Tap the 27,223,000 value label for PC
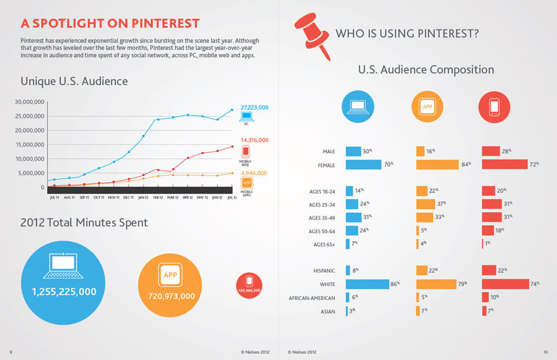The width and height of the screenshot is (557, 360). (254, 108)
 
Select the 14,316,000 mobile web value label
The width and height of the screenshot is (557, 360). (254, 140)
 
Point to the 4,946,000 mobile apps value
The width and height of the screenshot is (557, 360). (254, 173)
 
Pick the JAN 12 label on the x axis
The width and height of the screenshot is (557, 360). (143, 198)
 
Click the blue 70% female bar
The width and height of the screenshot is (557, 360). (363, 165)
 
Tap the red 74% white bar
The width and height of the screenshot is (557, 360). (505, 284)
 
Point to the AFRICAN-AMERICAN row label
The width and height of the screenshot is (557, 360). (313, 298)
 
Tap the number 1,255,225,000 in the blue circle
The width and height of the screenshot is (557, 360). (64, 291)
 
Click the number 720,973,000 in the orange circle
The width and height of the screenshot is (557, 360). (171, 296)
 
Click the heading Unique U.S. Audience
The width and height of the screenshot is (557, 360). (74, 81)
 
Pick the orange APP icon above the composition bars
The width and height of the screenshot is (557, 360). (427, 107)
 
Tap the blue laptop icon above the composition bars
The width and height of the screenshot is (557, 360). (358, 107)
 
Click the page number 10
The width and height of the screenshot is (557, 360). (545, 352)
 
